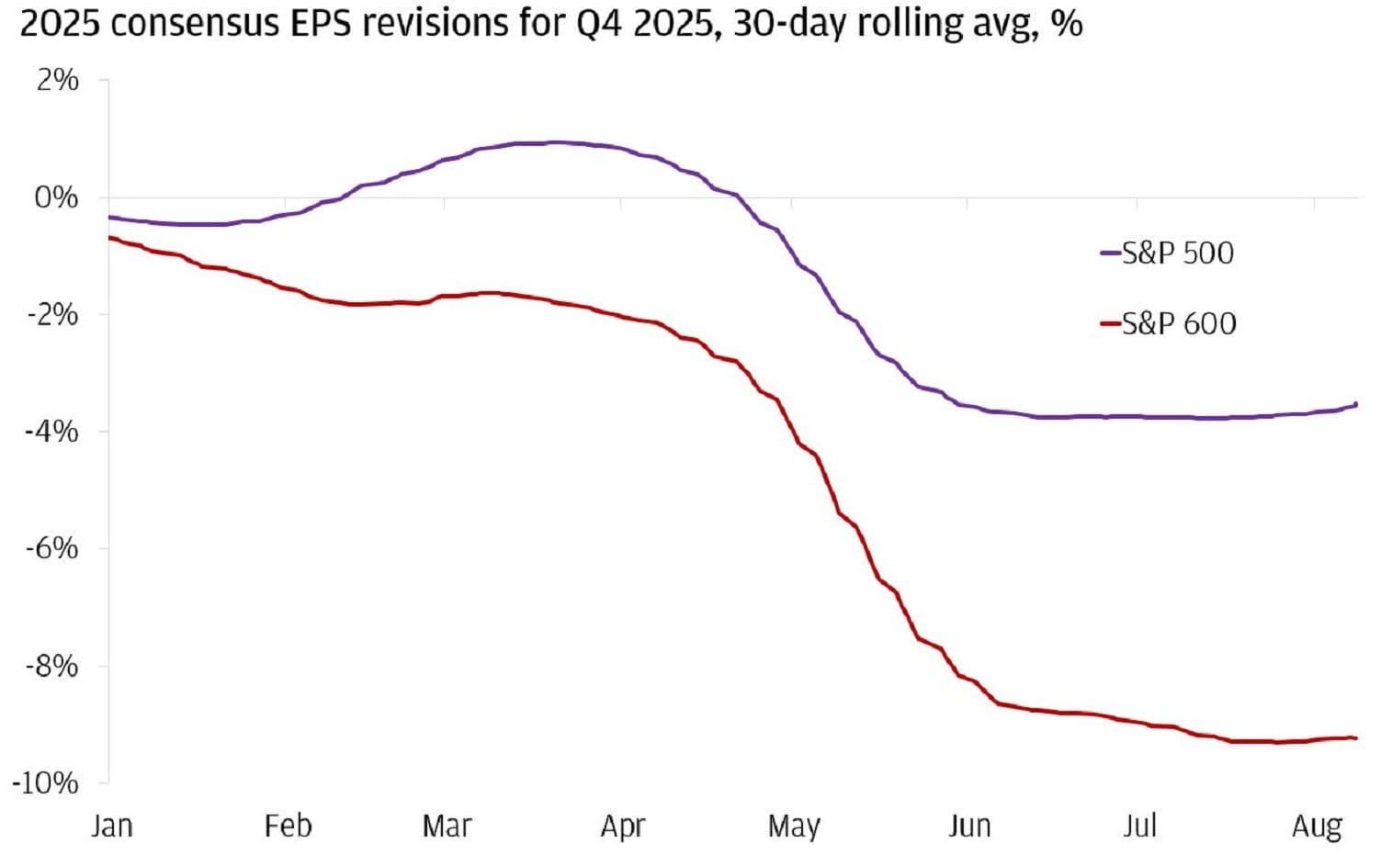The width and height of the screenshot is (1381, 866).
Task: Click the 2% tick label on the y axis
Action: (57, 81)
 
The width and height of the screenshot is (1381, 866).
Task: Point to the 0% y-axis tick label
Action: (57, 197)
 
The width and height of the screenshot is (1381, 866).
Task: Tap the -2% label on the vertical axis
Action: (51, 315)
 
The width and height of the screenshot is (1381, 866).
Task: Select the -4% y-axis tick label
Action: (51, 432)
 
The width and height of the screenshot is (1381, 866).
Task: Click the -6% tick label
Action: (51, 548)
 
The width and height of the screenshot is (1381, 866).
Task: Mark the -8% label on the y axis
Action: (51, 666)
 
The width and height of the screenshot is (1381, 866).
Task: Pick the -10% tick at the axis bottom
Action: (46, 782)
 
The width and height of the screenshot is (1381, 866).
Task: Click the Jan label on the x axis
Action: (111, 826)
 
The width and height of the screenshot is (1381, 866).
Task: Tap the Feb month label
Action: (288, 826)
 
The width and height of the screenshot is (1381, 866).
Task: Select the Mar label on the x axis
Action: (447, 826)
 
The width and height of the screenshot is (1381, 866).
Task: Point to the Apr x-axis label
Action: (623, 827)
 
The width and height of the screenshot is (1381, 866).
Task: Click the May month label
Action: (794, 827)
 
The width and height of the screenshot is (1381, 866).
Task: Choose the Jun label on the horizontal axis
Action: (969, 826)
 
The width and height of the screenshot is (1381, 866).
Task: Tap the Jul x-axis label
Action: (1139, 826)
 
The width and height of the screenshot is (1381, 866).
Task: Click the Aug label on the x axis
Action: (1317, 827)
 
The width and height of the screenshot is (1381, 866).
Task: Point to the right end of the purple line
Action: (1356, 404)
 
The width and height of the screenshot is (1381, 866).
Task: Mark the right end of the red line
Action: (1356, 737)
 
